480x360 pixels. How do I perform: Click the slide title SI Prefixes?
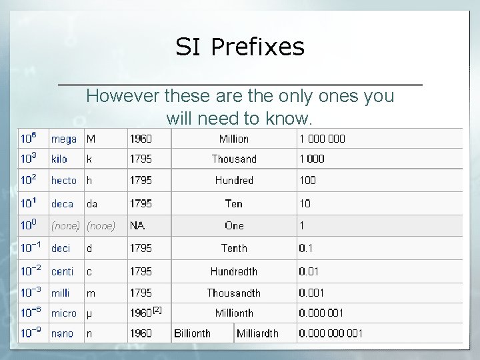[x=240, y=47]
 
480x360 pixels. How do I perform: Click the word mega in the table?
[x=64, y=139]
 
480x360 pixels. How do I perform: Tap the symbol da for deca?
[x=92, y=204]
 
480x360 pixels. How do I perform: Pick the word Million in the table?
[x=233, y=139]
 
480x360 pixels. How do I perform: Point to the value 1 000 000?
[x=322, y=139]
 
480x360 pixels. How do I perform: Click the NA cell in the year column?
[x=137, y=226]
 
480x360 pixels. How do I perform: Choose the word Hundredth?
[x=233, y=271]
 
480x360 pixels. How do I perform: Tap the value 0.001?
[x=313, y=293]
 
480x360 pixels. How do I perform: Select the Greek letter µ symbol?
[x=90, y=313]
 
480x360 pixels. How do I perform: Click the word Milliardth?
[x=257, y=333]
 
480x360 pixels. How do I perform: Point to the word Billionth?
[x=192, y=333]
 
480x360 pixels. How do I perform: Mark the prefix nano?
[x=62, y=333]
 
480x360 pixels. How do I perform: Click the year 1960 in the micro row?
[x=141, y=312]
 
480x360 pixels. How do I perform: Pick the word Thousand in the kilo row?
[x=233, y=159]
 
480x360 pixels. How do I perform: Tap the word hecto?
[x=64, y=181]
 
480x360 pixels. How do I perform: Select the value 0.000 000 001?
[x=331, y=333]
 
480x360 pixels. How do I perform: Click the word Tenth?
[x=233, y=248]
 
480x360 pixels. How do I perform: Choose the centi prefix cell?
[x=63, y=271]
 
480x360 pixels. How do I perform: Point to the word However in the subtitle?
[x=122, y=96]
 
